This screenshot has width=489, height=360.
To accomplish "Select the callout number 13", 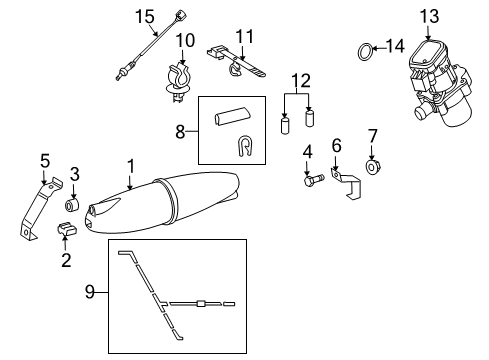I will pos(429,15).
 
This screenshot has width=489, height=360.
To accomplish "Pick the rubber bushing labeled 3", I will pos(72,205).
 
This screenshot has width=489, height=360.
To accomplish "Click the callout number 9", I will pos(89,292).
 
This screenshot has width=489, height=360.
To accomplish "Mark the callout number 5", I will pos(44,160).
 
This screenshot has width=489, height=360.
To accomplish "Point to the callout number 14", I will pos(397,46).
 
